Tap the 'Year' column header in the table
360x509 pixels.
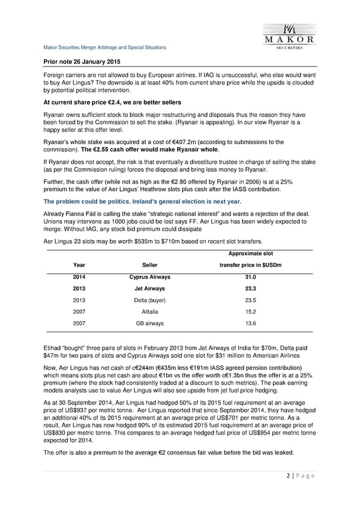pos(79,264)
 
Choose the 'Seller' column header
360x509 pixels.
pos(149,264)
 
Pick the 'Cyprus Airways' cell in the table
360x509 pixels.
pos(149,277)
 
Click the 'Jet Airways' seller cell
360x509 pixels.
pos(149,288)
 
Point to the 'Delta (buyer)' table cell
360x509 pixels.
pos(149,300)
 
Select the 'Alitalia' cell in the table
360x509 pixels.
pos(149,312)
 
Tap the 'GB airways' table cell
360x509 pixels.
pos(149,324)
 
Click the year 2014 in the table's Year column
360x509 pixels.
pos(79,277)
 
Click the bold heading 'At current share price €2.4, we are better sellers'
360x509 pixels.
pos(112,102)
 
